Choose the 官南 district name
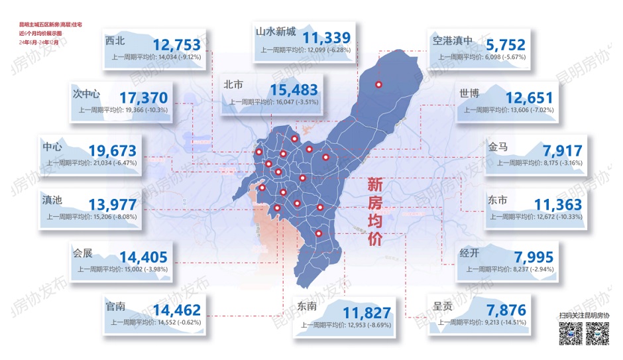pos(118,307)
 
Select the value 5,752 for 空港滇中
pos(505,45)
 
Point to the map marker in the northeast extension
pos(379,85)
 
